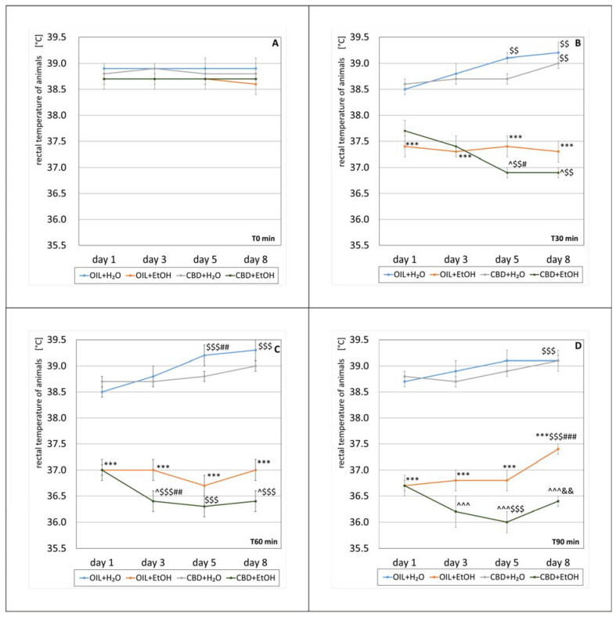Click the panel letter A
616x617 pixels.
275,44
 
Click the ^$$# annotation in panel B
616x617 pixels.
521,164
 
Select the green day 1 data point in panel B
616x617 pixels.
405,131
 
